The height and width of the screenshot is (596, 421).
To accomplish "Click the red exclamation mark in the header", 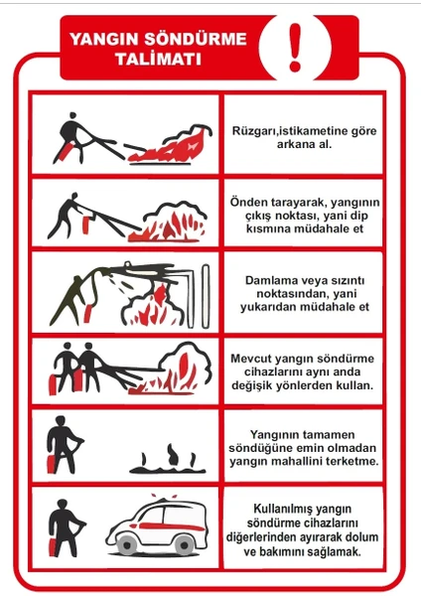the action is point(295,48).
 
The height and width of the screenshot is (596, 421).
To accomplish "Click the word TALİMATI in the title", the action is point(159,60).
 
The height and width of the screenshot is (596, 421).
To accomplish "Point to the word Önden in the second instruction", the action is point(249,202).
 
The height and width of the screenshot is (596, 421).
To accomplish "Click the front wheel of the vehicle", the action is point(127,544).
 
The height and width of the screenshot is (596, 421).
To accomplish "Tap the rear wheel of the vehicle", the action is point(184,544).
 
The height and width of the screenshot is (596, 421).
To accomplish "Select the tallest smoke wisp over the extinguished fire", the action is point(172,454).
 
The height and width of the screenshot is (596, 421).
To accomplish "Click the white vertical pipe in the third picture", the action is point(206,296).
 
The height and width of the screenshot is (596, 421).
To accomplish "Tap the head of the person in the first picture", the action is point(72,116).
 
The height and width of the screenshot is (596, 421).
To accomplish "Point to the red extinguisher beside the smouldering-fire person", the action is point(51,464).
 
